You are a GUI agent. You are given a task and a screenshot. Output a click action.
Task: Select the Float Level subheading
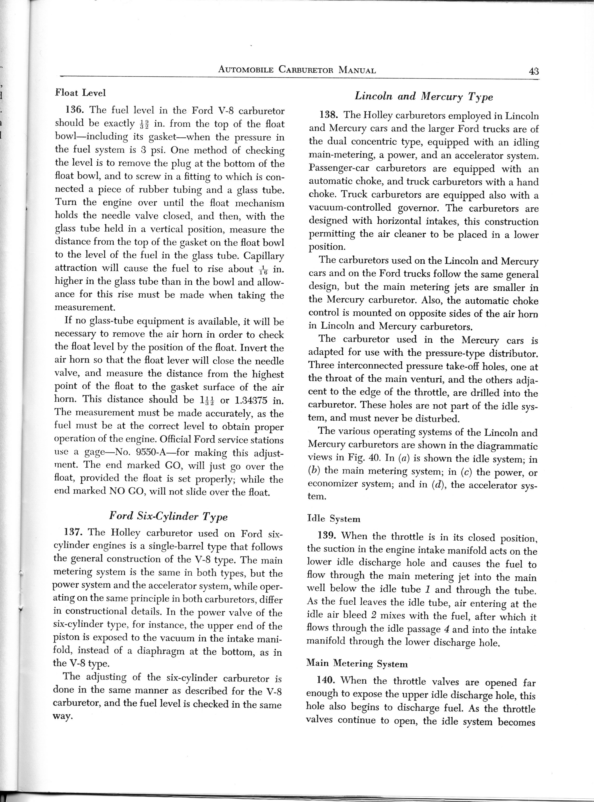pyautogui.click(x=80, y=93)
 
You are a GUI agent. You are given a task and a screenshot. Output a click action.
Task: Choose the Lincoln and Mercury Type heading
pyautogui.click(x=424, y=96)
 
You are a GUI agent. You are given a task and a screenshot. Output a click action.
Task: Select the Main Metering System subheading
pyautogui.click(x=357, y=663)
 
